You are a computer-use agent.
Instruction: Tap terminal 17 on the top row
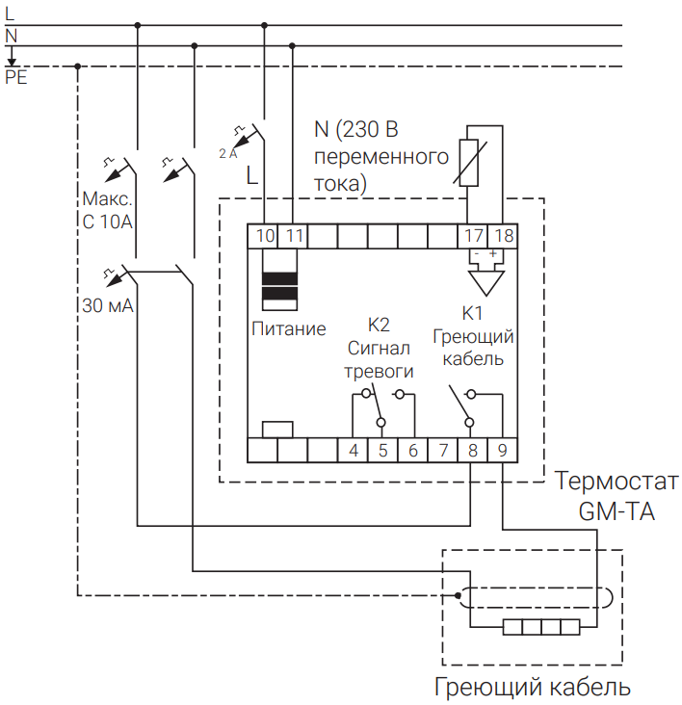point(474,235)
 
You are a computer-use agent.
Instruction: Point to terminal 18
point(503,235)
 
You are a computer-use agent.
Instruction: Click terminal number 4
point(354,450)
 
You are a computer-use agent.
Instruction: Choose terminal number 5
point(382,450)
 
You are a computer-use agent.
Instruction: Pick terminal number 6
point(412,450)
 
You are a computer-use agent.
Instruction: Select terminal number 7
point(442,450)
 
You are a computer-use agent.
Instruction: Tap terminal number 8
point(472,450)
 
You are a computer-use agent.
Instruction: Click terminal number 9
point(502,450)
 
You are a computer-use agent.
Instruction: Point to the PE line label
point(16,78)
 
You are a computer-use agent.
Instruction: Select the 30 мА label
point(108,307)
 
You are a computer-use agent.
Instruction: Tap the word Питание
point(289,328)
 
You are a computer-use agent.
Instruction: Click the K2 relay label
point(380,324)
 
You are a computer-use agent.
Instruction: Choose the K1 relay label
point(472,312)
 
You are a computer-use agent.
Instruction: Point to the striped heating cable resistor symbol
point(541,629)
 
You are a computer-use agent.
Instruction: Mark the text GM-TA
point(616,512)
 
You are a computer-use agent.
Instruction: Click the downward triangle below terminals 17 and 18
point(487,281)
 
